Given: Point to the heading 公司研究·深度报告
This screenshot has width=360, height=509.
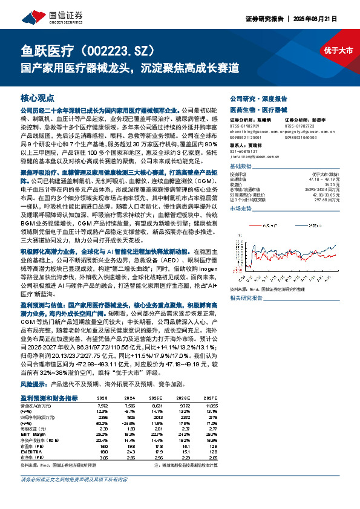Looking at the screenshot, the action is click(258, 98).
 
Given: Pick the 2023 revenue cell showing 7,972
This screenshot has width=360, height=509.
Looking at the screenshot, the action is click(104, 405).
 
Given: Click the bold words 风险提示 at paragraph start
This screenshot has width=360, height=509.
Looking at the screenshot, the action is click(34, 384).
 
